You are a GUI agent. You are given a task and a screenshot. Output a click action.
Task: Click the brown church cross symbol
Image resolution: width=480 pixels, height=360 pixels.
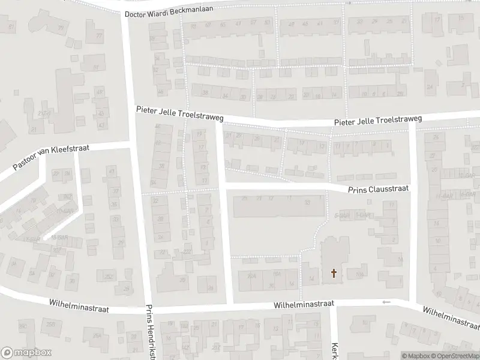click(334, 274)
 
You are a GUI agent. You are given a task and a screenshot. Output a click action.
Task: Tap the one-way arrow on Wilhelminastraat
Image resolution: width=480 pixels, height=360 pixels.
click(386, 302)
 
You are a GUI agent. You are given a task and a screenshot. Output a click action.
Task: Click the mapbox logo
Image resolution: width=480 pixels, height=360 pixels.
click(26, 353)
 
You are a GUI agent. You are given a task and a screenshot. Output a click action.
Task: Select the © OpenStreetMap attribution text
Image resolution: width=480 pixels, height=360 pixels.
click(454, 356)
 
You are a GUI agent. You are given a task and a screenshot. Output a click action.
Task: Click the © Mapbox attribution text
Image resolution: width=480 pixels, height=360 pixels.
click(415, 356)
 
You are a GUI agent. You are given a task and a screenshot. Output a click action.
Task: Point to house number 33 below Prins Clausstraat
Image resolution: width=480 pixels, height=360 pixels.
click(307, 203)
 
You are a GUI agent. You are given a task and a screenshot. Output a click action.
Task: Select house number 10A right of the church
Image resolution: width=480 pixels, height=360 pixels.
click(359, 275)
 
